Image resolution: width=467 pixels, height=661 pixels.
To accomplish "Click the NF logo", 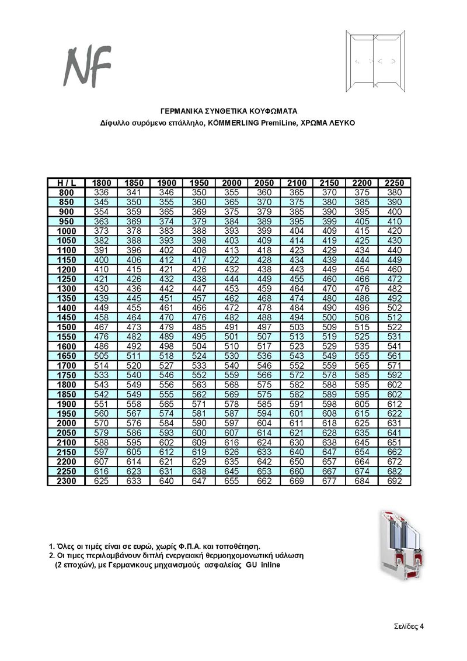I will tap(88, 65).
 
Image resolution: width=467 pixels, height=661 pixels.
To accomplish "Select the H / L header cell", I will tap(66, 183).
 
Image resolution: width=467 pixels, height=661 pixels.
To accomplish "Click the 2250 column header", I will tap(395, 183).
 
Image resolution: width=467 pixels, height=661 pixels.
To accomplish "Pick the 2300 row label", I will tap(66, 481).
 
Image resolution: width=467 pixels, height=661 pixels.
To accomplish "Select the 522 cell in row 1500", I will tap(395, 326).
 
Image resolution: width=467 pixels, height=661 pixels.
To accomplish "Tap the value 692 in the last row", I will tap(395, 481).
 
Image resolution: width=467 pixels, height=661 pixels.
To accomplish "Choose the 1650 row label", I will tap(66, 355).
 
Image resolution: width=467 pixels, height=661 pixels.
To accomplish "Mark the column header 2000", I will tap(232, 183).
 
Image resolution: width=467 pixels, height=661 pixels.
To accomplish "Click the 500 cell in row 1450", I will tap(329, 317).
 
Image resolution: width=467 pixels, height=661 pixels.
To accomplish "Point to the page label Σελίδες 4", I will tap(407, 626).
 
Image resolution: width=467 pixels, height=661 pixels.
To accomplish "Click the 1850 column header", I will tap(134, 183).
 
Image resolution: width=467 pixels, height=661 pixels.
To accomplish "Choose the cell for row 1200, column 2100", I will tap(297, 269).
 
